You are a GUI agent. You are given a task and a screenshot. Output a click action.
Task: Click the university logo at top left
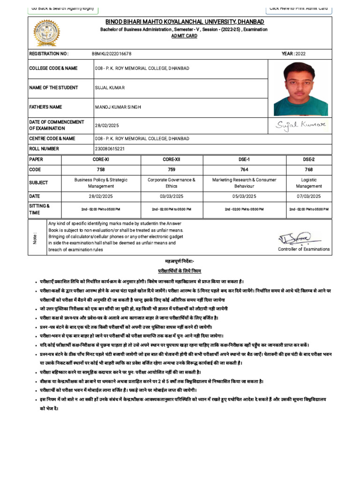coord(45,33)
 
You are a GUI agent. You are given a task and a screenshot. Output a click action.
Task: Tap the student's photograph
coord(301,89)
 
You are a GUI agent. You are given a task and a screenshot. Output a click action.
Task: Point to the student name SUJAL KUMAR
coord(110,88)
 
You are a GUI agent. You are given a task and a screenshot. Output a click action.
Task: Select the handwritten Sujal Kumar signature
coord(300,125)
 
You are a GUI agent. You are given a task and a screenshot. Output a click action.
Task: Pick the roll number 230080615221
coord(110,149)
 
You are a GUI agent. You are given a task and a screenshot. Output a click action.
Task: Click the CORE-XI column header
coord(101,159)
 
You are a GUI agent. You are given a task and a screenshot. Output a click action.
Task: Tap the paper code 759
coord(172,170)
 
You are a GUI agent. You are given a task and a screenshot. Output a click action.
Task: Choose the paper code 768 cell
coord(308,170)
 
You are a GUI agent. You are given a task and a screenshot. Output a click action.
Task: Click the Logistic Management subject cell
coord(308,183)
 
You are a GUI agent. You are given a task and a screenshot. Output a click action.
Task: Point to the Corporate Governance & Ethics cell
coord(172,183)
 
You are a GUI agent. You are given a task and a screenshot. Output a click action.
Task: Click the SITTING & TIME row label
coord(39,209)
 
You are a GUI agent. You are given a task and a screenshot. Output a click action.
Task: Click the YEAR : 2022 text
coord(293,54)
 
